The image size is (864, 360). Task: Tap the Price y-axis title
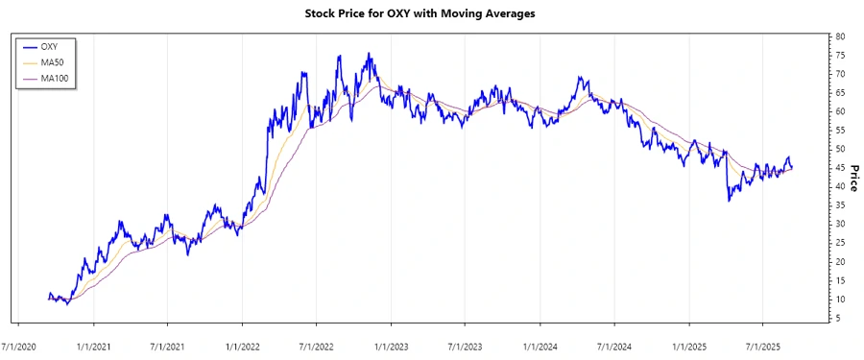[x=852, y=178]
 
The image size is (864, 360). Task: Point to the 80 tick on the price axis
[x=840, y=36]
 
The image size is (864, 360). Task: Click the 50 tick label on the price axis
[x=840, y=149]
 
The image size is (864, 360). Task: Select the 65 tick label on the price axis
[x=840, y=92]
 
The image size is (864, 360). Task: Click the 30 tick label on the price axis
[x=840, y=224]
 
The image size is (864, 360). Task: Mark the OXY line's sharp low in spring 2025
[x=729, y=200]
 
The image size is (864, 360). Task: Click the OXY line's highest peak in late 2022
[x=370, y=54]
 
